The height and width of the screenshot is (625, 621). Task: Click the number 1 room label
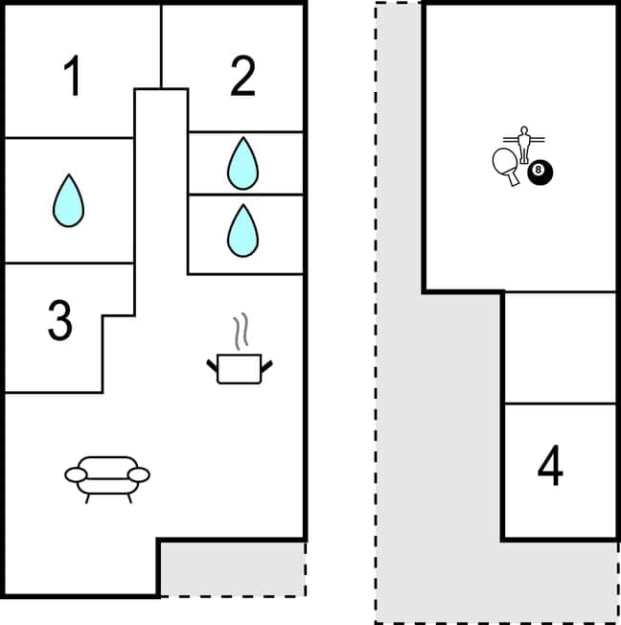click(x=72, y=77)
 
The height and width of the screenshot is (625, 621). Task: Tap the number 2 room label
click(x=243, y=77)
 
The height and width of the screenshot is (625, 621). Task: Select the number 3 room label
click(x=59, y=321)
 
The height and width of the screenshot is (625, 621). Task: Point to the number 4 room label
click(x=550, y=467)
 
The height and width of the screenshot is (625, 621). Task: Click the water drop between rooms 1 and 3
click(x=67, y=199)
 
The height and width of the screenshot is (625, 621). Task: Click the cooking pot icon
click(x=240, y=368)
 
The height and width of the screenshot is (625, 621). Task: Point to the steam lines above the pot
click(x=243, y=331)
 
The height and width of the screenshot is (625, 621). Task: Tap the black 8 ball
click(x=540, y=173)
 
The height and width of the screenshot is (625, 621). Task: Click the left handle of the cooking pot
click(x=212, y=364)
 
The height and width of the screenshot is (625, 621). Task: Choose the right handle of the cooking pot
click(x=267, y=364)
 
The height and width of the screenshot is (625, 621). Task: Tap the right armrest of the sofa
click(x=139, y=474)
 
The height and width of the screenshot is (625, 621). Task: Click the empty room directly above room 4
click(x=560, y=347)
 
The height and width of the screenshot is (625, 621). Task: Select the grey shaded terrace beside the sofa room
click(x=232, y=567)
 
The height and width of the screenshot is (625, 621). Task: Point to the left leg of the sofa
click(x=88, y=497)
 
